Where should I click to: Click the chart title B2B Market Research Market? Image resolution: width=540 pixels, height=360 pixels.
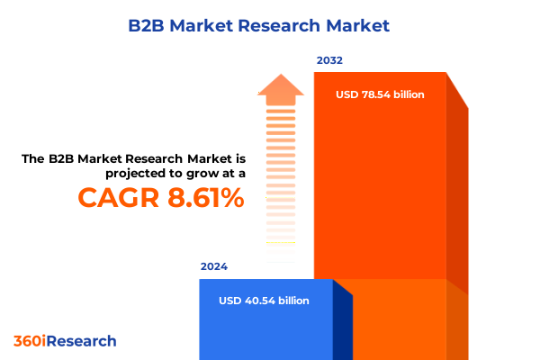[x=269, y=25]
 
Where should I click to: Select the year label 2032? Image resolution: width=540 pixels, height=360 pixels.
[x=329, y=60]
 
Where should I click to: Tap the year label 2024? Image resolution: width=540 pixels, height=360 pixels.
[x=214, y=266]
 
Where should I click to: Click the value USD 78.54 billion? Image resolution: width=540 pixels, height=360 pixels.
[x=380, y=94]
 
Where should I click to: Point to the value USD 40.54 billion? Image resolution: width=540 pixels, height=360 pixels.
[x=264, y=301]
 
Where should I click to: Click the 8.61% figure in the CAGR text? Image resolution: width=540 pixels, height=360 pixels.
[x=204, y=197]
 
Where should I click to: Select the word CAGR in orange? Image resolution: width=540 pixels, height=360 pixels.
[x=119, y=197]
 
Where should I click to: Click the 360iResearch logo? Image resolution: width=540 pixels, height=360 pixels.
[x=65, y=341]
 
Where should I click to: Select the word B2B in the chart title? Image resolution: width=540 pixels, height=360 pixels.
[x=169, y=25]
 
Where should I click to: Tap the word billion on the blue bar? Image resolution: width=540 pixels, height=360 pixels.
[x=289, y=301]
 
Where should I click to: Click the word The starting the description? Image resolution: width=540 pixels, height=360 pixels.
[x=33, y=158]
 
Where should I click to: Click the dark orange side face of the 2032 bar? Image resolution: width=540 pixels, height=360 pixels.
[x=457, y=198]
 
